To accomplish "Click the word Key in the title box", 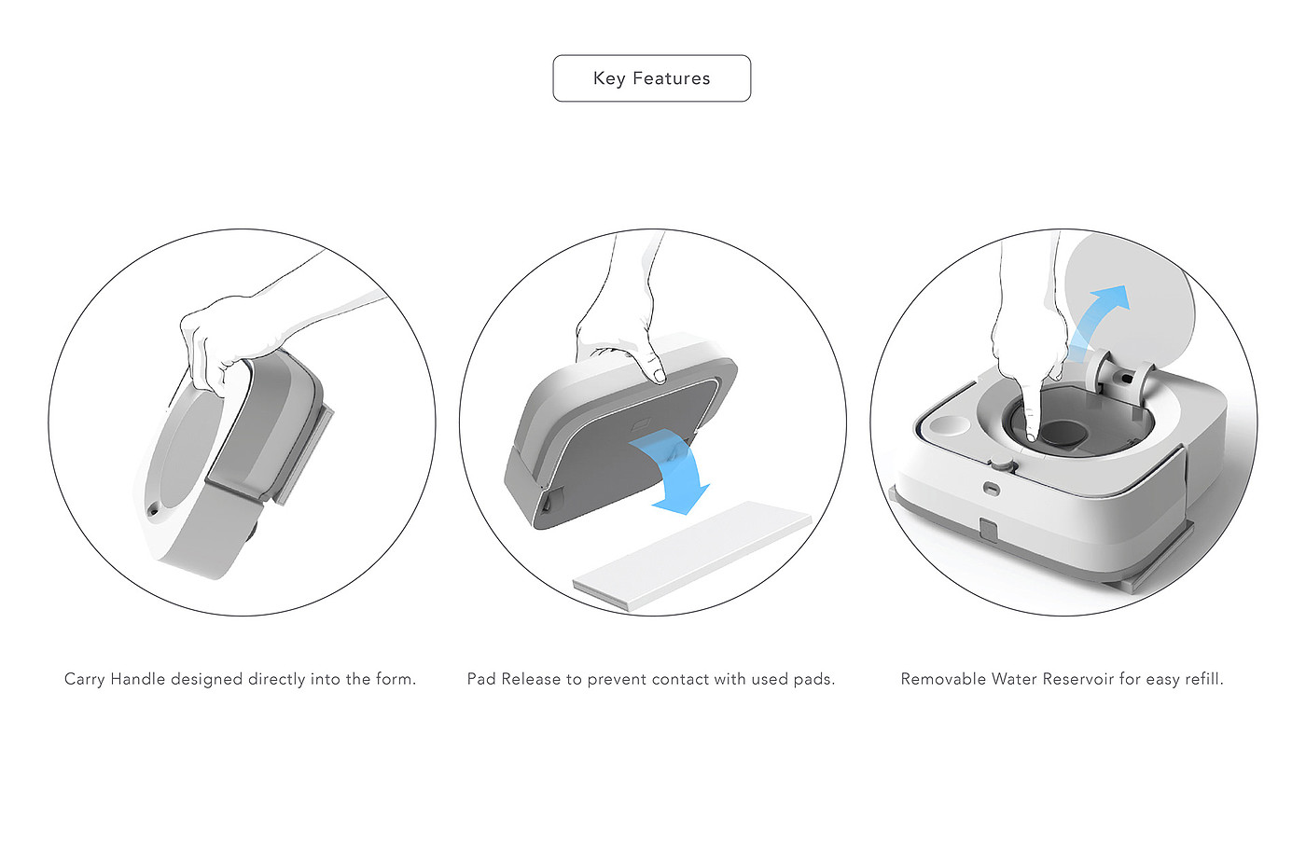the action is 609,78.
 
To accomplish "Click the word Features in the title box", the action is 672,78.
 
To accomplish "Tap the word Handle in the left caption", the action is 138,679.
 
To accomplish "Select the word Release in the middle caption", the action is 531,679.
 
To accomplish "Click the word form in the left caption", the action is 396,679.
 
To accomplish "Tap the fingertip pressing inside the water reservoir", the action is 1031,434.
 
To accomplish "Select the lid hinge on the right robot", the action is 1119,376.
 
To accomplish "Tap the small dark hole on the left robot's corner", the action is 153,512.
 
